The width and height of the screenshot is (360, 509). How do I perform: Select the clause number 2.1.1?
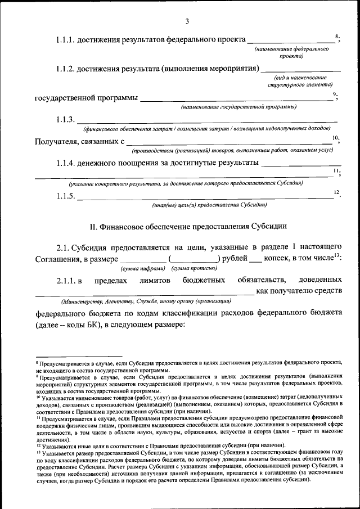[x=68, y=280]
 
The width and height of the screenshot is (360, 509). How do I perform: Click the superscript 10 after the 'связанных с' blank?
[x=335, y=138]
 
